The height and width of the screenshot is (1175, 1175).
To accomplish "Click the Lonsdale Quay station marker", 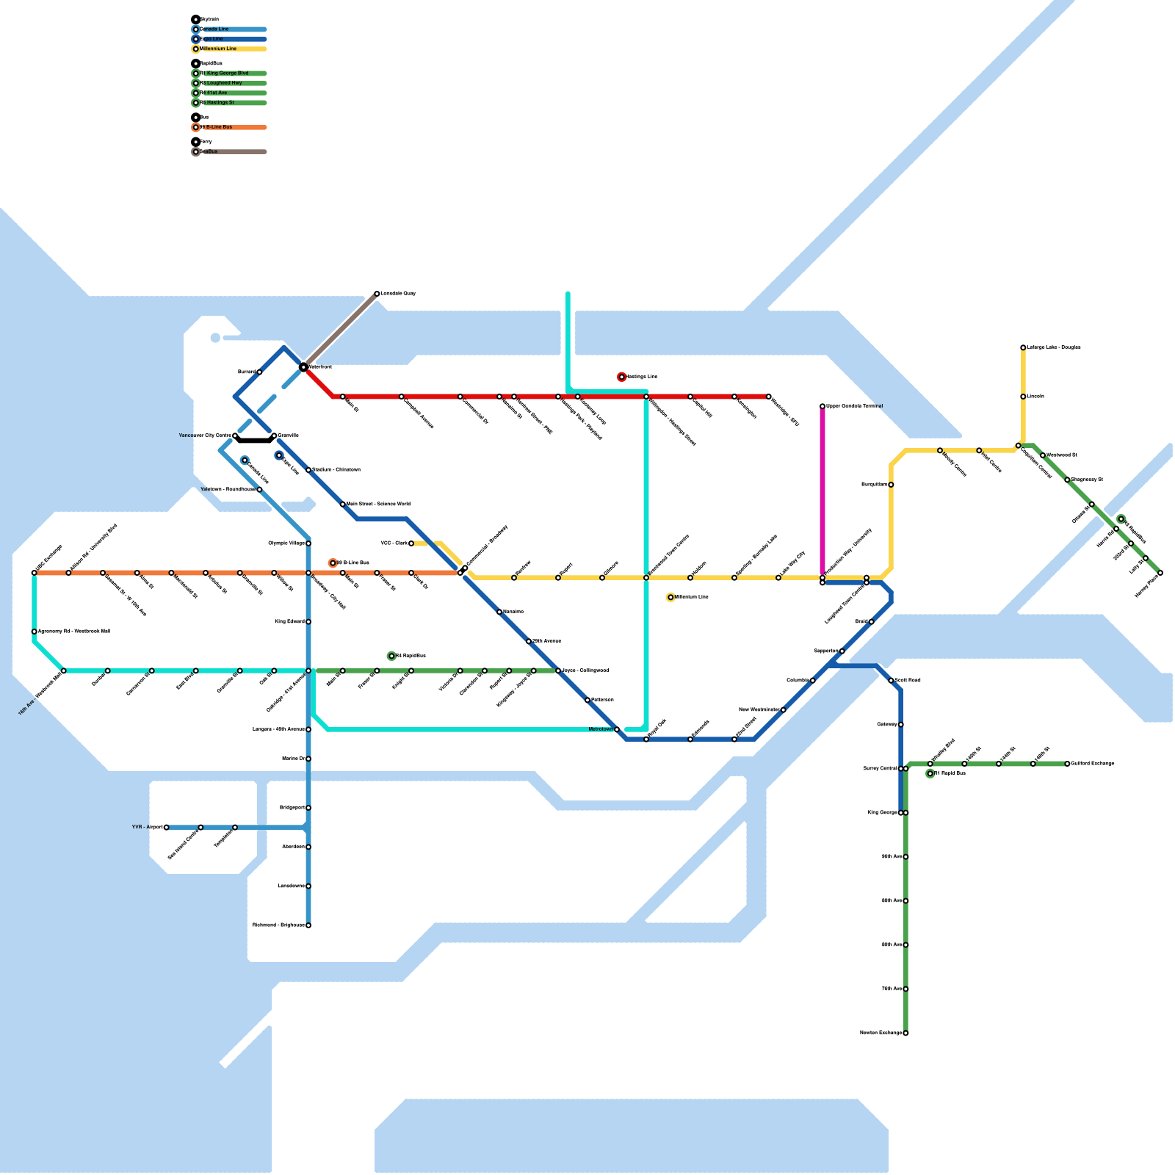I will pyautogui.click(x=377, y=294).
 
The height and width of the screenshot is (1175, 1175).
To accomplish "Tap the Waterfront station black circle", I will pyautogui.click(x=303, y=366).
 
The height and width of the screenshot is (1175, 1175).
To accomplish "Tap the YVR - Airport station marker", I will pyautogui.click(x=167, y=828).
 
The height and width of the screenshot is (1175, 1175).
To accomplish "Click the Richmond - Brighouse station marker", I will pyautogui.click(x=308, y=925).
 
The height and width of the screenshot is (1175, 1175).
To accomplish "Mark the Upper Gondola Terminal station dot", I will pyautogui.click(x=822, y=406).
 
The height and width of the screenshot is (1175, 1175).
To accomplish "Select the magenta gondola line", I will pyautogui.click(x=822, y=492).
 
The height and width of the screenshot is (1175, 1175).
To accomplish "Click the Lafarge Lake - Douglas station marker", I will pyautogui.click(x=1023, y=347).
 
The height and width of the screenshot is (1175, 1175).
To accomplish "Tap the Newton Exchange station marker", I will pyautogui.click(x=905, y=1033).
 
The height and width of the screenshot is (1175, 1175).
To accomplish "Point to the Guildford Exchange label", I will pyautogui.click(x=1093, y=764).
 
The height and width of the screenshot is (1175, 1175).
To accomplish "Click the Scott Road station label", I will pyautogui.click(x=908, y=681).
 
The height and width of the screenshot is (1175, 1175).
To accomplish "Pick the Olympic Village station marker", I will pyautogui.click(x=308, y=543).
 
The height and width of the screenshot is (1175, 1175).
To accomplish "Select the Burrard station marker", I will pyautogui.click(x=259, y=372).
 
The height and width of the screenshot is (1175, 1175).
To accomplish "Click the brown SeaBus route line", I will pyautogui.click(x=340, y=330).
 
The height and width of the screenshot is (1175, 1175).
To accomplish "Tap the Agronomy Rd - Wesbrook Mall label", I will pyautogui.click(x=74, y=632).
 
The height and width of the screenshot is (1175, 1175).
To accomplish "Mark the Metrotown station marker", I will pyautogui.click(x=617, y=729).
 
